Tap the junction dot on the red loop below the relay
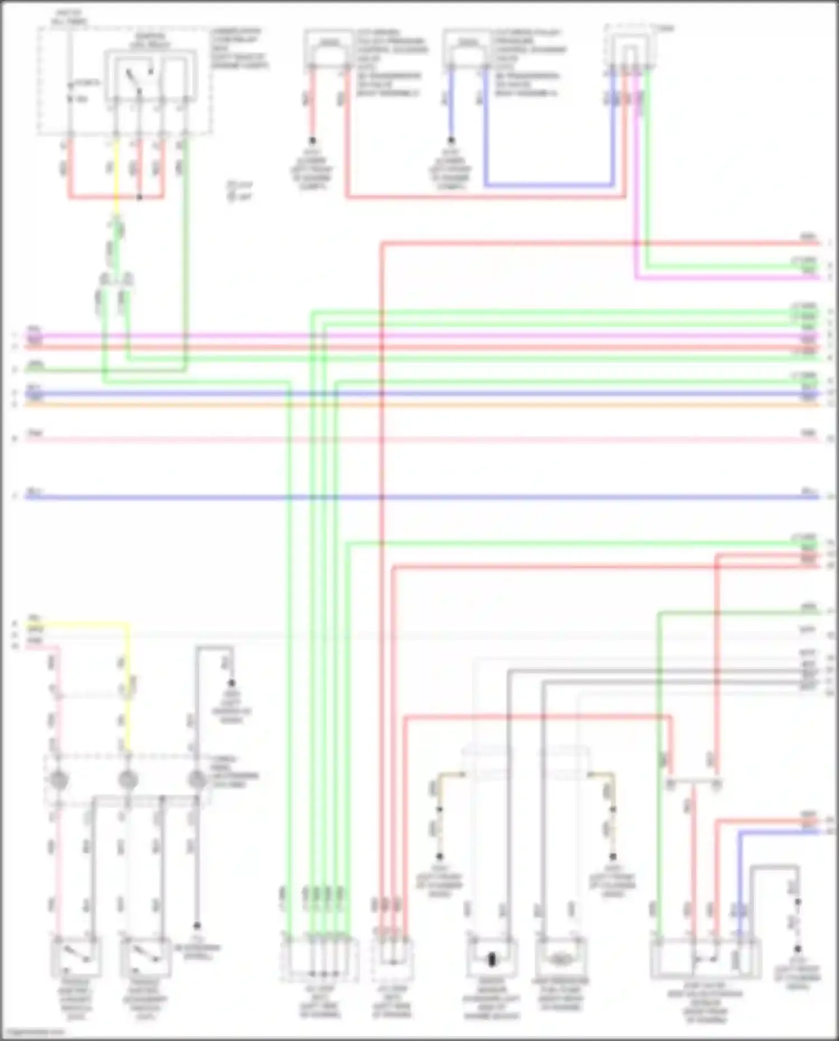[140, 197]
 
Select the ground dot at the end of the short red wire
[312, 140]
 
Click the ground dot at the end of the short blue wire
[451, 140]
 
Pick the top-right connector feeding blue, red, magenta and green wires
[630, 50]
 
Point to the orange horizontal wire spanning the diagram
[419, 404]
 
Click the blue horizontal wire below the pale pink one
[419, 497]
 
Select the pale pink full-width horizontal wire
[419, 439]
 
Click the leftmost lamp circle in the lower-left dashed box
[59, 780]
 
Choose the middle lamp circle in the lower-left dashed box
[128, 780]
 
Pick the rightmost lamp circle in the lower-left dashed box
[197, 780]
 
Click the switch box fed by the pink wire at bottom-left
[76, 959]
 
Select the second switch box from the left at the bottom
[145, 959]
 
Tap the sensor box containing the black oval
[492, 959]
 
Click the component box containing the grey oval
[560, 959]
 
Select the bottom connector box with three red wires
[392, 959]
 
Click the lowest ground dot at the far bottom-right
[798, 949]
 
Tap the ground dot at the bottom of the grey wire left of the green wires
[197, 926]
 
